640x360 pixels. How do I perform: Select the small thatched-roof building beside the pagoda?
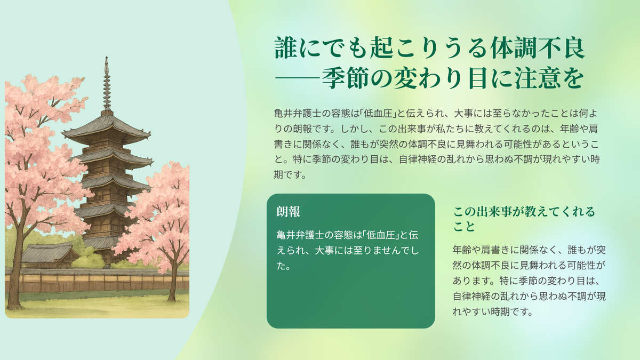click(50, 255)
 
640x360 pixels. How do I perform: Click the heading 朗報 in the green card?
click(289, 212)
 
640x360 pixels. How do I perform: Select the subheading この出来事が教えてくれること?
click(524, 219)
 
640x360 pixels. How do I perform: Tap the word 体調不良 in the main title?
click(538, 47)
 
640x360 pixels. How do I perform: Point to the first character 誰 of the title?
click(286, 47)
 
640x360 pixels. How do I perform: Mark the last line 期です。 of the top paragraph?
click(290, 175)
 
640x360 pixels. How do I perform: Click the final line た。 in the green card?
click(283, 266)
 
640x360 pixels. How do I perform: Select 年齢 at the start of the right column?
click(462, 250)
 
